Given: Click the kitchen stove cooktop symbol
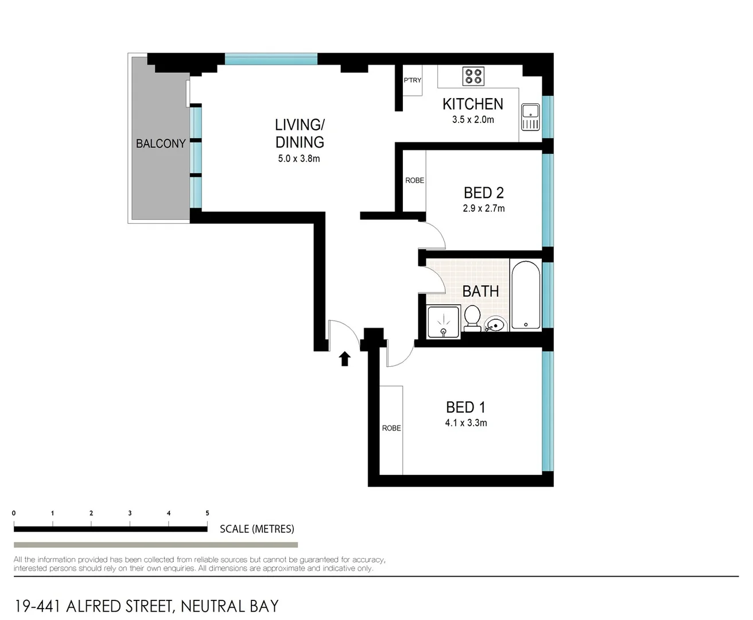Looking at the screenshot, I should [473, 76].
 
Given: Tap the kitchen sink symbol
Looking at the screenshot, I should [530, 117].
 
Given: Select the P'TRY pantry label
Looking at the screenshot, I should [412, 80].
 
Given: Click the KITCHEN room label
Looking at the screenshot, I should [472, 104].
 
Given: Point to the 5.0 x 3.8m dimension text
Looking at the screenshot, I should [298, 159].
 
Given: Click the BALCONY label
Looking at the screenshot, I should [161, 144].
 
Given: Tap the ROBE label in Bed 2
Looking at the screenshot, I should [414, 180].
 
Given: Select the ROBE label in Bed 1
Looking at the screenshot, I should [391, 428].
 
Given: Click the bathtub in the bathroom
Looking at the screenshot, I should [526, 295].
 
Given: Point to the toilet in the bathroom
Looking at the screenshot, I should [472, 319].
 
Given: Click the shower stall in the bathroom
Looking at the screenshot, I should [444, 322].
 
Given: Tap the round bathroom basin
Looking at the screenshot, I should [494, 325].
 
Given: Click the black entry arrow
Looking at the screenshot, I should [344, 359].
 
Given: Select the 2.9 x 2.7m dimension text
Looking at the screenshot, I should [483, 208].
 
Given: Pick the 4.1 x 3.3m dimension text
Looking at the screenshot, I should [465, 423].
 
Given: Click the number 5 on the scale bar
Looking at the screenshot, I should [207, 513].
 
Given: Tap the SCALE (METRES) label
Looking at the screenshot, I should [257, 529].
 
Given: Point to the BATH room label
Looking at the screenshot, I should [480, 292].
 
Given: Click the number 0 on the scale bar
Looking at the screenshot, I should [14, 513].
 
